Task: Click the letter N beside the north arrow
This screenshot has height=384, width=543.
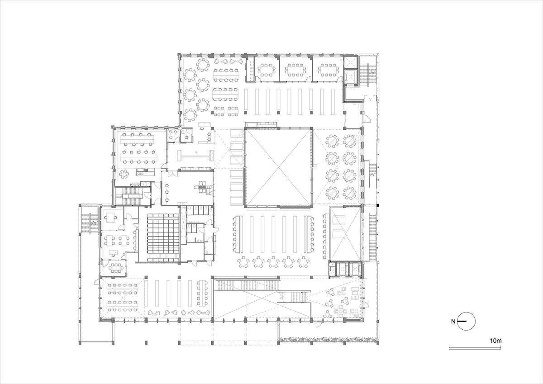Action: pyautogui.click(x=453, y=322)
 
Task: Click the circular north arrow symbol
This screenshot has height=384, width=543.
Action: pyautogui.click(x=467, y=321)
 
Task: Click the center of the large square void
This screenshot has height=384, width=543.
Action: pyautogui.click(x=278, y=167)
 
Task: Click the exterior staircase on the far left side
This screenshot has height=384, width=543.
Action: pyautogui.click(x=89, y=220)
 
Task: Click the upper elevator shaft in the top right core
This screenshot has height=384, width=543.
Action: pyautogui.click(x=350, y=63)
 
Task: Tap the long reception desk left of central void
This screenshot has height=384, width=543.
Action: pyautogui.click(x=195, y=155)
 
